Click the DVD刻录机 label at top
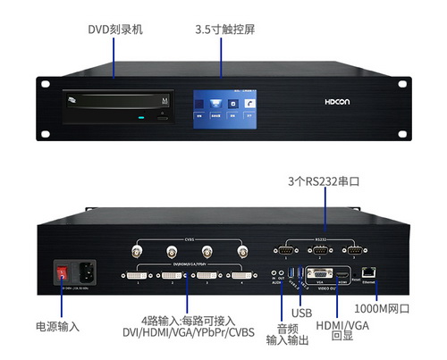point(114,29)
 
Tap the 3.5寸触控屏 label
point(224,29)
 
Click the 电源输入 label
point(57,327)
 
